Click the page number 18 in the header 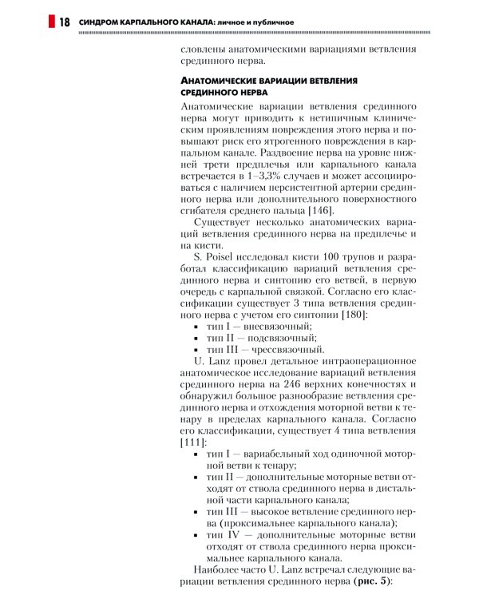click(x=64, y=21)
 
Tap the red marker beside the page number click(x=52, y=21)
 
